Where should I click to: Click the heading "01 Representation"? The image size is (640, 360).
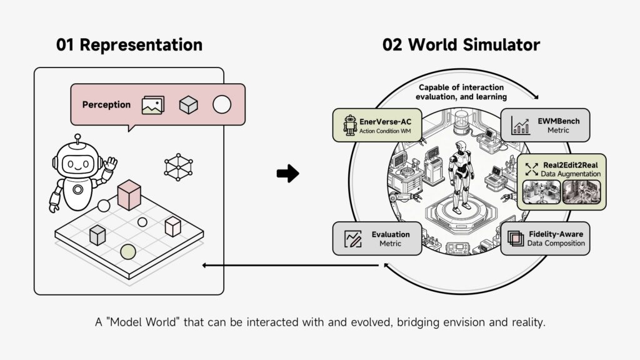tap(129, 45)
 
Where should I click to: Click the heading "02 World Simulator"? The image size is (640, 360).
tap(461, 45)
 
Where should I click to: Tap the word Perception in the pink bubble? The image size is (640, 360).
tap(107, 105)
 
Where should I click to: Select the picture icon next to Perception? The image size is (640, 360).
tap(152, 105)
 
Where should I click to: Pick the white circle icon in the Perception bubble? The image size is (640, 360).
tap(222, 105)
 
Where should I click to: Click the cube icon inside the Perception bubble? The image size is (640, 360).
tap(188, 105)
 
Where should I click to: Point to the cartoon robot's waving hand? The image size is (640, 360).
tap(111, 164)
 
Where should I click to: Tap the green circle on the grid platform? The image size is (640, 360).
tap(127, 251)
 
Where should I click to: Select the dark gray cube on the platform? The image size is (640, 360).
tap(97, 235)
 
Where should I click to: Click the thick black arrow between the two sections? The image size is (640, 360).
tap(287, 174)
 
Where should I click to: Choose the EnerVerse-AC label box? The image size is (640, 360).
tap(377, 124)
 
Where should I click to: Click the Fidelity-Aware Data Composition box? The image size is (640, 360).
tap(544, 238)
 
